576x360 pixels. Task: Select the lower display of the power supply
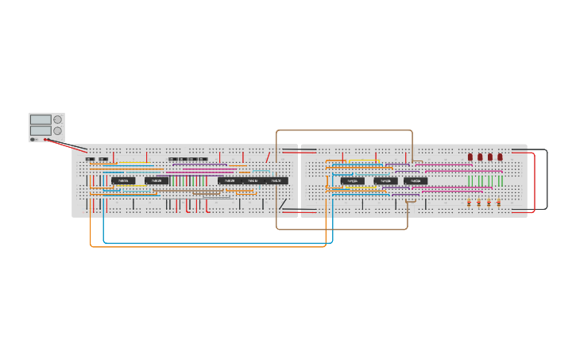(40, 130)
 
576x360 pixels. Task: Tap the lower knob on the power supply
(57, 130)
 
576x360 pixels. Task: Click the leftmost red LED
(470, 157)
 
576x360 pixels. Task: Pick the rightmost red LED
(500, 157)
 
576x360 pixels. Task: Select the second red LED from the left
(480, 157)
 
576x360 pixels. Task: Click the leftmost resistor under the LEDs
(469, 203)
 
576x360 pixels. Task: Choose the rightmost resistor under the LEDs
(498, 203)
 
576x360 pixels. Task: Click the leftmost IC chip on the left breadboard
(123, 181)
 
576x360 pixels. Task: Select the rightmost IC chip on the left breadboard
(276, 181)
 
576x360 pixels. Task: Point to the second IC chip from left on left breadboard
(156, 181)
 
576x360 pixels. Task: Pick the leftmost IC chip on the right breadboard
(353, 181)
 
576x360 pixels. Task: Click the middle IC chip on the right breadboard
(385, 181)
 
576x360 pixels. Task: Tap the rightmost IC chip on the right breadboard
(416, 181)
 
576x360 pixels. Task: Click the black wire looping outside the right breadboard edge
(547, 179)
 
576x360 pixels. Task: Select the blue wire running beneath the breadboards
(215, 242)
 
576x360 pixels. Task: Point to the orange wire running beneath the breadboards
(207, 247)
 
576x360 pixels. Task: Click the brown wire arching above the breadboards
(344, 130)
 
